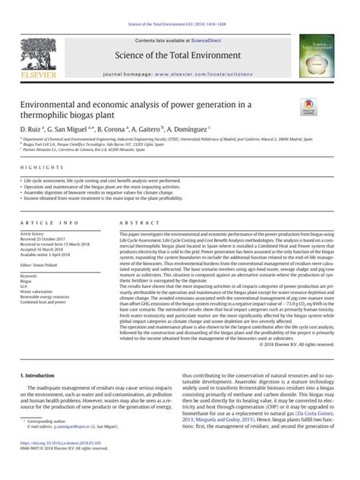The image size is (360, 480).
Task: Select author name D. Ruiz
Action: point(32,129)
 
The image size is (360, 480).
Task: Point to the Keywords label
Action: point(32,276)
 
